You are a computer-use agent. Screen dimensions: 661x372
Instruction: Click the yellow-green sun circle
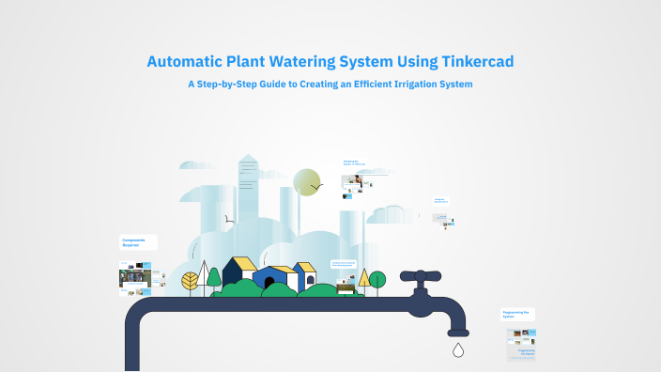306,182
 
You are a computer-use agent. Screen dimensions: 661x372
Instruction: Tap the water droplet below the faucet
457,350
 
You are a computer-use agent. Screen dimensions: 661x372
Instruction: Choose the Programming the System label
517,314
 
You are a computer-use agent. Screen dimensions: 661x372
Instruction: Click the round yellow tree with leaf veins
191,280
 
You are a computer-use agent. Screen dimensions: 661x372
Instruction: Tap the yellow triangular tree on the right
364,277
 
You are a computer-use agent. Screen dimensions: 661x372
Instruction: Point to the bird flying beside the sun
317,187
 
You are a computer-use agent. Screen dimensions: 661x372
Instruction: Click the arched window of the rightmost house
311,278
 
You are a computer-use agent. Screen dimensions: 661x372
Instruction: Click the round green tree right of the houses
377,279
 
